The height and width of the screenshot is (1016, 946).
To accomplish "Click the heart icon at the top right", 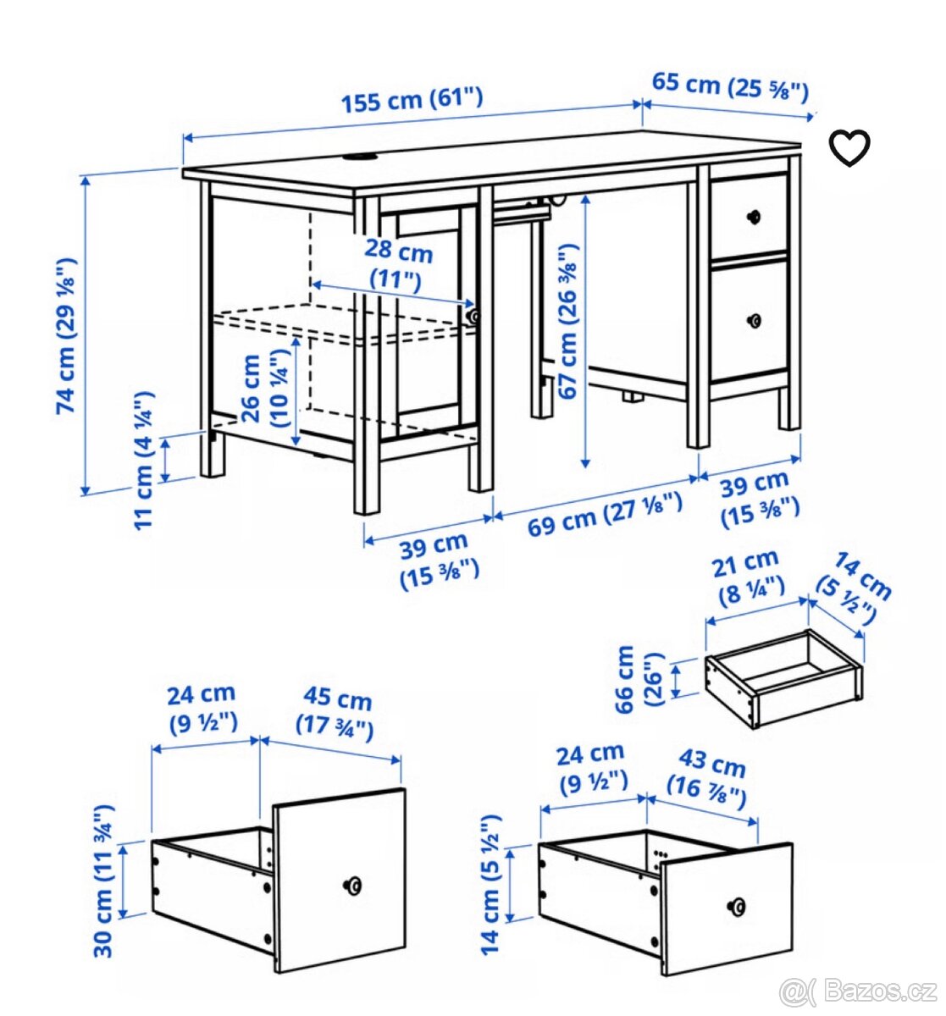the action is coord(849,148).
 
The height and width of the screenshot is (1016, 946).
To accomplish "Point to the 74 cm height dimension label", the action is coord(67,335).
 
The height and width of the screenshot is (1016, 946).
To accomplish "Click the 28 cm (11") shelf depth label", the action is coord(398,265).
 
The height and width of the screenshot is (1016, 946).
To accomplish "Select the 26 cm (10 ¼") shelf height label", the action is coord(265,389).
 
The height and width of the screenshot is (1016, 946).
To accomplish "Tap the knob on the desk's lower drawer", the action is coord(754,321).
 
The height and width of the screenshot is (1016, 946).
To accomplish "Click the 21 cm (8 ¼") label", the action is coord(749,577).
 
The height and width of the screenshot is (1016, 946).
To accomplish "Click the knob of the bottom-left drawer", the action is coord(352,885).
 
